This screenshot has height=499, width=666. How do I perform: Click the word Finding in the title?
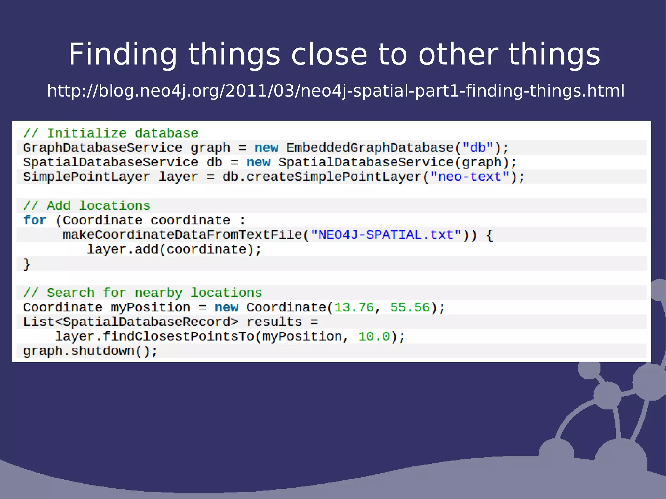[123, 55]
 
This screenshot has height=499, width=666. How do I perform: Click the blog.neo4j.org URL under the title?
[336, 91]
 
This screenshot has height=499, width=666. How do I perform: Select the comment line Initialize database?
[111, 133]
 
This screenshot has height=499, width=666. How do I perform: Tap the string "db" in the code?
[478, 148]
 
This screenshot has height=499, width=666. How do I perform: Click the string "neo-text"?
[470, 177]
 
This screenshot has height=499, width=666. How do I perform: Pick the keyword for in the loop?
[35, 220]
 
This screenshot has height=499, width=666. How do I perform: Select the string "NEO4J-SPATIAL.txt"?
[386, 235]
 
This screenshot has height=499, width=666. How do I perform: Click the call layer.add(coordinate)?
[174, 249]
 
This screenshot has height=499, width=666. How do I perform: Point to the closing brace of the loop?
[27, 264]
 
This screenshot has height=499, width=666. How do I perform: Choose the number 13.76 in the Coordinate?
[354, 308]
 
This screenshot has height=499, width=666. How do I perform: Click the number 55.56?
[410, 308]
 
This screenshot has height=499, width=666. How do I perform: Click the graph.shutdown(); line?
[90, 351]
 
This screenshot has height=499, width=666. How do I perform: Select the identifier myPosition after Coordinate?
[150, 308]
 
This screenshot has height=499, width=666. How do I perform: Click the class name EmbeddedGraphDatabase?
[370, 148]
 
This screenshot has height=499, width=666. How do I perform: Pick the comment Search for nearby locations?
[142, 293]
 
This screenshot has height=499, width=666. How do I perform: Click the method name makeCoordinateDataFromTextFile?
[182, 235]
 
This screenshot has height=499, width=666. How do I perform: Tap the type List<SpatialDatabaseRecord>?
[130, 322]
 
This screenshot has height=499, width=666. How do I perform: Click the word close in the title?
[329, 55]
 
